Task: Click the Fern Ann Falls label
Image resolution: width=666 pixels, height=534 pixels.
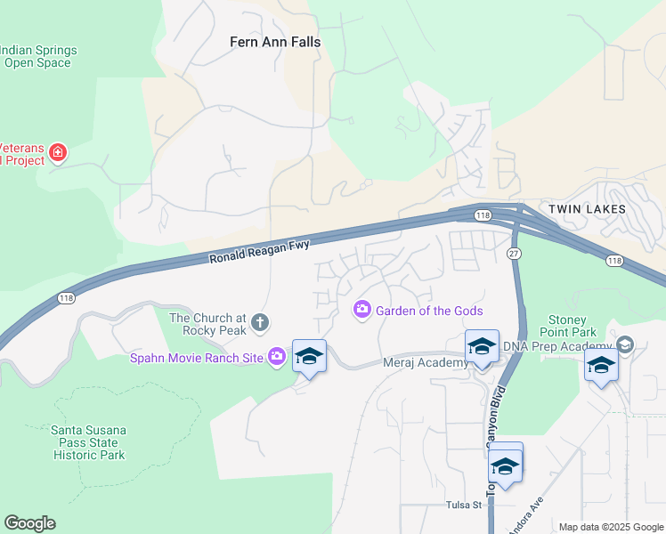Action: coord(275,42)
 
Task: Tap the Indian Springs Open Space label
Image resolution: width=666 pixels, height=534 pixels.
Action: coord(39,56)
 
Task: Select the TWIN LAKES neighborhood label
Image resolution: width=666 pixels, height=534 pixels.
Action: coord(587,209)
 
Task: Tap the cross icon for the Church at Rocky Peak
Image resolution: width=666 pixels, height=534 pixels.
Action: coord(260,322)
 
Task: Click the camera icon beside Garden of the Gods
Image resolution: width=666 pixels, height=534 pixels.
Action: coord(362,310)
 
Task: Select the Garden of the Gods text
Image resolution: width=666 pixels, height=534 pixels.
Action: coord(429,311)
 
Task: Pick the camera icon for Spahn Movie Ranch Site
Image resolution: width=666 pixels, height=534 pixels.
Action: coord(277,357)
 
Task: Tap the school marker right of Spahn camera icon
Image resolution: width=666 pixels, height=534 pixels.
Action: coord(309,357)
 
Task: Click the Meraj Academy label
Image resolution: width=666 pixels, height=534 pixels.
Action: coord(426,362)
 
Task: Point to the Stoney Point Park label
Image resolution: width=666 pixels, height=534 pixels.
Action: coord(568,328)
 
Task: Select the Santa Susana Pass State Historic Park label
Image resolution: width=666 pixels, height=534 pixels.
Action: coord(87,442)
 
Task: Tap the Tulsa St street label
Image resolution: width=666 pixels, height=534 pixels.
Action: coord(463,505)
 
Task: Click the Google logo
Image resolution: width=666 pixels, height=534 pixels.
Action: coord(29,523)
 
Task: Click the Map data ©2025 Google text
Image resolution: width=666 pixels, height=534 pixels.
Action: coord(609,527)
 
